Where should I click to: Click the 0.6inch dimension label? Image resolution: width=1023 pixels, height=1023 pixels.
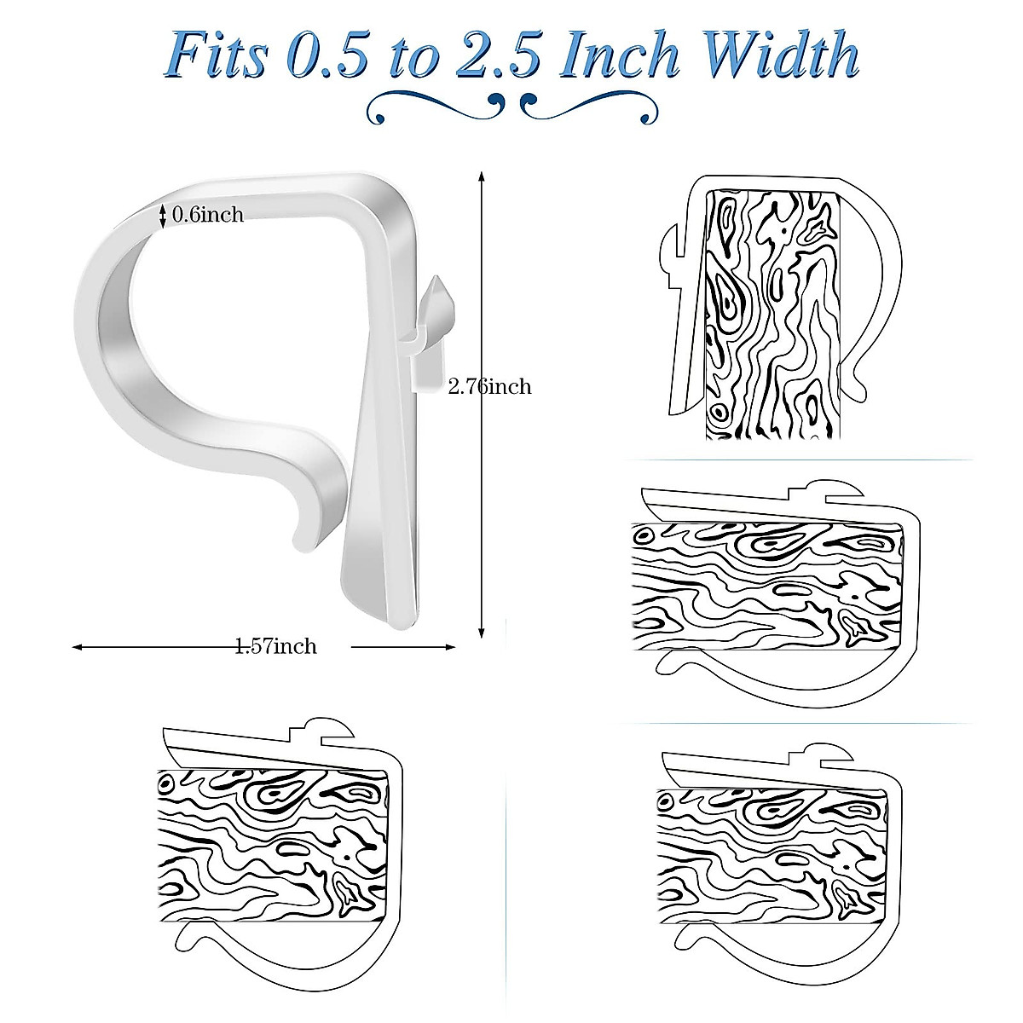(x=208, y=215)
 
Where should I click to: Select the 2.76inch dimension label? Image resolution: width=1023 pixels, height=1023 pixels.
(x=490, y=387)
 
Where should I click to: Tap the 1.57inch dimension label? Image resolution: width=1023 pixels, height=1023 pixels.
(x=275, y=647)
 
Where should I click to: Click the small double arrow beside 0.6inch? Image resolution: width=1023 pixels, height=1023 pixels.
(x=163, y=216)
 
